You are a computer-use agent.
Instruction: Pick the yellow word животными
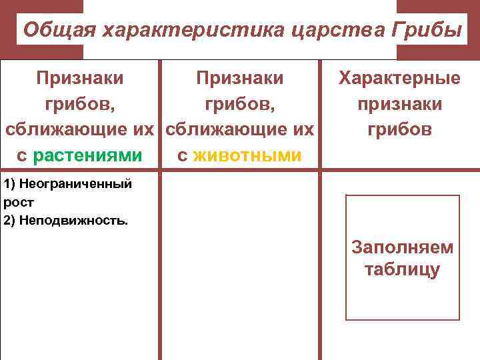point(248,155)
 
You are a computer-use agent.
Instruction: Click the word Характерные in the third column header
point(399,79)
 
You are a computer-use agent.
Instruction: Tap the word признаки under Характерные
point(399,104)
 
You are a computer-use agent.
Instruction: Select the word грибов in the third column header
point(399,129)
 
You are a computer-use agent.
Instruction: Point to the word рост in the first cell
point(18,201)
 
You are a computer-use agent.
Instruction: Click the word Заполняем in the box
point(403,247)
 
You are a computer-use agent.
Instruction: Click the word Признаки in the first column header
point(79,79)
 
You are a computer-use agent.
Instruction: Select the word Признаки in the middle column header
point(239,79)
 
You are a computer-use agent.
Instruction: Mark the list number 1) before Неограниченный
point(9,183)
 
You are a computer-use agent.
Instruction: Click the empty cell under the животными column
point(240,267)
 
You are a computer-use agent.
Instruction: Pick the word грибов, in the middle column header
point(239,104)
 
